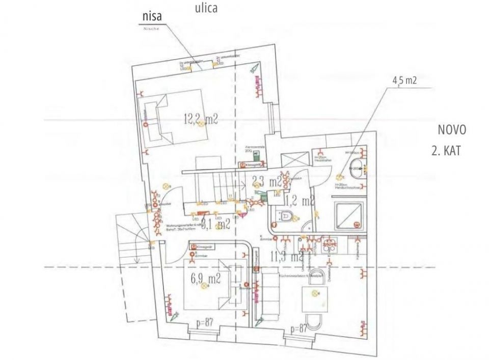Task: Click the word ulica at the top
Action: point(207,8)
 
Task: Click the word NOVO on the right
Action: point(452,129)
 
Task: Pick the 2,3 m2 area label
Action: point(267,181)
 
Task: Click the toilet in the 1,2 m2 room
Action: point(285,217)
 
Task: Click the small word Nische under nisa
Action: point(151,29)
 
